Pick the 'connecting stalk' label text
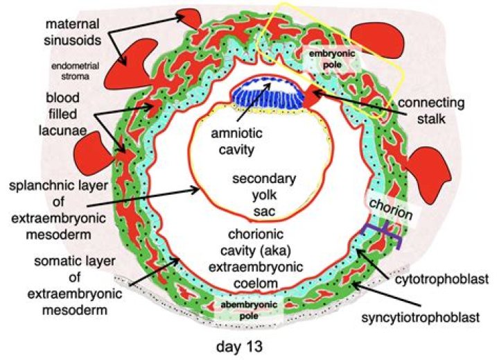pyautogui.click(x=434, y=112)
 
